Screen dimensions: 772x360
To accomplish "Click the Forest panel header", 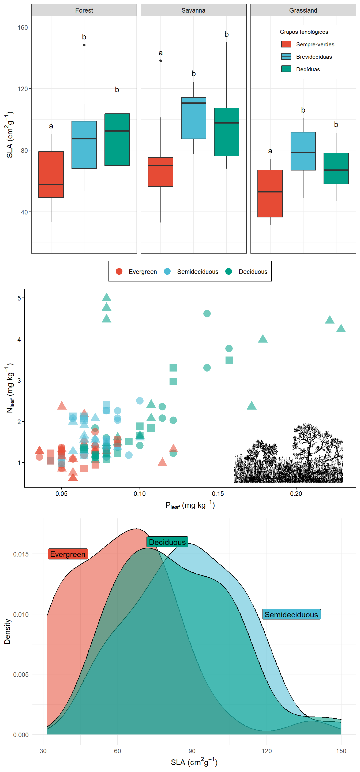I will tap(84, 10).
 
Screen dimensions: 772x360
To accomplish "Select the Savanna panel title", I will tap(193, 10).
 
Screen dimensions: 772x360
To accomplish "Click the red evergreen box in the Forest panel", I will tap(51, 174).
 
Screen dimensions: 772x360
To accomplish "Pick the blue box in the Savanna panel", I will tap(193, 118).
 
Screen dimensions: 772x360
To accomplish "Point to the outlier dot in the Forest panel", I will tap(84, 45).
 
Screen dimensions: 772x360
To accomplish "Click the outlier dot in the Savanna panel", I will tap(161, 61).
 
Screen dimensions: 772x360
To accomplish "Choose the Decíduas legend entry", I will tap(301, 69).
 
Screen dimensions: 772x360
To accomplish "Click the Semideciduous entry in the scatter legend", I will tap(192, 272).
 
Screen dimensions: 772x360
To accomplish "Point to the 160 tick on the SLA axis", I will tap(22, 27).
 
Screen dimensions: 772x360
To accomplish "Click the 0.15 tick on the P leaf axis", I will tap(218, 493).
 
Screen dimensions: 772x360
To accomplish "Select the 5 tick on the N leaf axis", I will tap(19, 298).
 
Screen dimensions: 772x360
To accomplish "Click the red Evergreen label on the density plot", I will tap(68, 554).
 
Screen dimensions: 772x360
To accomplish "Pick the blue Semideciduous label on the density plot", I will tap(291, 614).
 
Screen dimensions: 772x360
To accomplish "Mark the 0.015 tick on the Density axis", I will tap(21, 554).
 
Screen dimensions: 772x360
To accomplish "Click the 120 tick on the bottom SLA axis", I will tap(266, 751).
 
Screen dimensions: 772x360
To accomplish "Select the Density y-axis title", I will tap(7, 632).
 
